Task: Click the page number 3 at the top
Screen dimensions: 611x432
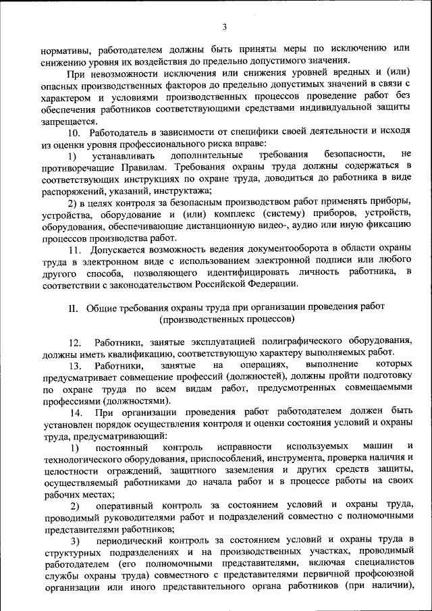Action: point(224,27)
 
